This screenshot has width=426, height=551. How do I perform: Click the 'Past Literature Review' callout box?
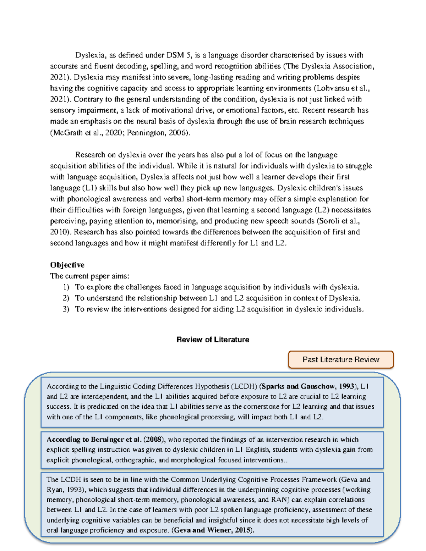[341, 359]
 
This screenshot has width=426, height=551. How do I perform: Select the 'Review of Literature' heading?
[213, 340]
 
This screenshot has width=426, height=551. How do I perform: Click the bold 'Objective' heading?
[67, 265]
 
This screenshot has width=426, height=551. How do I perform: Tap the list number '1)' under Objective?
[66, 287]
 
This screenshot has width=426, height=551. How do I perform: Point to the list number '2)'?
[66, 298]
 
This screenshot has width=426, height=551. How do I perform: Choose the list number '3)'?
[66, 309]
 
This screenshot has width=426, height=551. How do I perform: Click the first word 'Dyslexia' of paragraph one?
[90, 55]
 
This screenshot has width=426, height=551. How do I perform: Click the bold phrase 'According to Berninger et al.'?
[94, 439]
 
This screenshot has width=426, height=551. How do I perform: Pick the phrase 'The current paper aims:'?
[90, 276]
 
